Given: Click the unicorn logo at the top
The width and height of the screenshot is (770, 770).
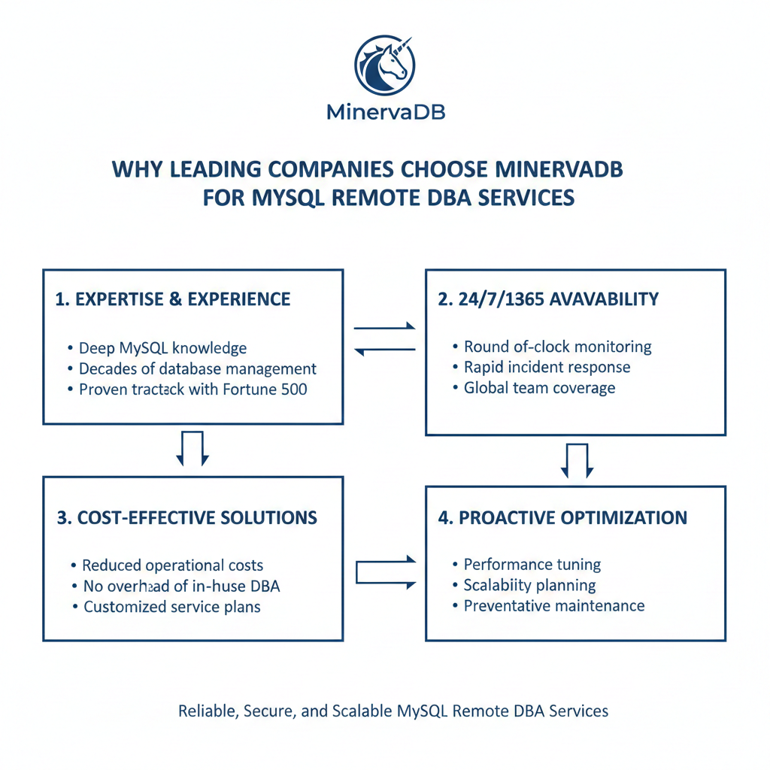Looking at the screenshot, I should click(384, 63).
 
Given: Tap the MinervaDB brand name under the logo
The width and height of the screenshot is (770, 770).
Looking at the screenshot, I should click(387, 113).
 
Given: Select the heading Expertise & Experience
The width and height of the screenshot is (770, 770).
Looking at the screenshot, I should click(173, 299).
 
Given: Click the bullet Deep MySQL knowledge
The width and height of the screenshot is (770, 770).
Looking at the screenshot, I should click(162, 348).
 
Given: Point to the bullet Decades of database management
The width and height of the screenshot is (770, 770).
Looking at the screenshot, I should click(197, 369).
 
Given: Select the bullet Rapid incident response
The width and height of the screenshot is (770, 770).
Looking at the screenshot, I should click(547, 367).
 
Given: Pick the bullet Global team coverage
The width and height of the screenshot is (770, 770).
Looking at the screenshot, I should click(539, 388).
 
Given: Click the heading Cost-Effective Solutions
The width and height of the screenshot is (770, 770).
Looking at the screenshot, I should click(186, 517).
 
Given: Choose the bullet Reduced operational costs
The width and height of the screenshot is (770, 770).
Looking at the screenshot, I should click(172, 565).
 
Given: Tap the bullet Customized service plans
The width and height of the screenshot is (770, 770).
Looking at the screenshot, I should click(171, 606).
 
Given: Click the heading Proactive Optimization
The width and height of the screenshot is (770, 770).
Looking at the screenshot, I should click(562, 517).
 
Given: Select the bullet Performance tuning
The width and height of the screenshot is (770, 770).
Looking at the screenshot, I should click(532, 564).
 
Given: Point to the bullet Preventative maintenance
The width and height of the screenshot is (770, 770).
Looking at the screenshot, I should click(553, 605).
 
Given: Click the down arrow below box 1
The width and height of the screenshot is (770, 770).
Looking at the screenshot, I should click(193, 448).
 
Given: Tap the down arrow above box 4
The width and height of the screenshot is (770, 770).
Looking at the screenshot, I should click(576, 460).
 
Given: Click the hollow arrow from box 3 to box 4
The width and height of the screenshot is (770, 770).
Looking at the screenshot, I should click(385, 573).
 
